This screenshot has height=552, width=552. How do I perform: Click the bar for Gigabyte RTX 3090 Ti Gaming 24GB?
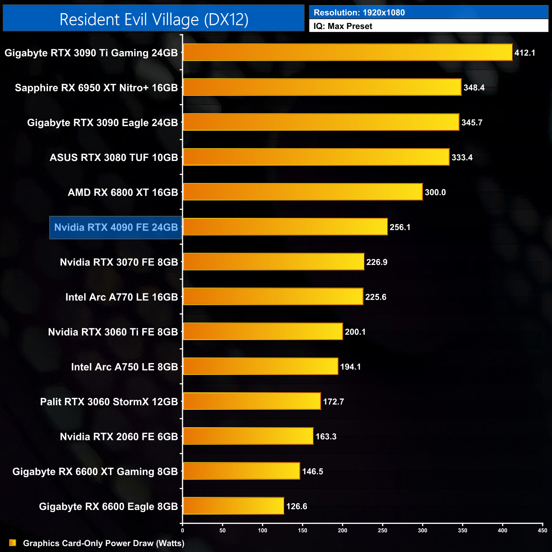tap(347, 53)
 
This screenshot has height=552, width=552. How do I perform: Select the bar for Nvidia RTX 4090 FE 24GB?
tap(285, 227)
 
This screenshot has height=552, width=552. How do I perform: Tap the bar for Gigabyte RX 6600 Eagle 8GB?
tap(233, 506)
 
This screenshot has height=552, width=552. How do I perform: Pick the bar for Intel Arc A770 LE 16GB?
tap(273, 296)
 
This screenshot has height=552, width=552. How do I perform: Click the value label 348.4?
tap(474, 88)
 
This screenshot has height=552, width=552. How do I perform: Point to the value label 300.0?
tap(435, 192)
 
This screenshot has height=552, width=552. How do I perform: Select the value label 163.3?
tap(326, 437)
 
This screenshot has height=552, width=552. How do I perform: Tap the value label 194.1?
tap(350, 367)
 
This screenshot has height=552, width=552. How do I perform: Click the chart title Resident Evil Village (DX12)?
tap(154, 20)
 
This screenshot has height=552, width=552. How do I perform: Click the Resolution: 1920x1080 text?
tap(359, 13)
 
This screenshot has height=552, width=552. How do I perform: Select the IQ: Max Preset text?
tap(343, 26)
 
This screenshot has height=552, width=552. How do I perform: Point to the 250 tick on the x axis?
tap(383, 530)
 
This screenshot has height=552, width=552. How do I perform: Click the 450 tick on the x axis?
tap(542, 530)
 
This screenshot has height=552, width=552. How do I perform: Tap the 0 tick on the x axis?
tap(183, 530)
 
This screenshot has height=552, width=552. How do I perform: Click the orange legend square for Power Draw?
tap(13, 543)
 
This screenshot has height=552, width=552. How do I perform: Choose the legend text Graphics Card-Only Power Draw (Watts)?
tap(104, 543)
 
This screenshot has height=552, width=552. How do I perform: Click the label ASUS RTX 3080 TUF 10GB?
tap(114, 158)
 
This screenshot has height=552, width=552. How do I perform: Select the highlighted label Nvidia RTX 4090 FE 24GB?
tap(116, 227)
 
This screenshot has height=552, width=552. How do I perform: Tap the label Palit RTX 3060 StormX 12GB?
tap(109, 402)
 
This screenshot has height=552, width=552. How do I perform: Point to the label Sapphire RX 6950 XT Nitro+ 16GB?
tap(96, 88)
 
